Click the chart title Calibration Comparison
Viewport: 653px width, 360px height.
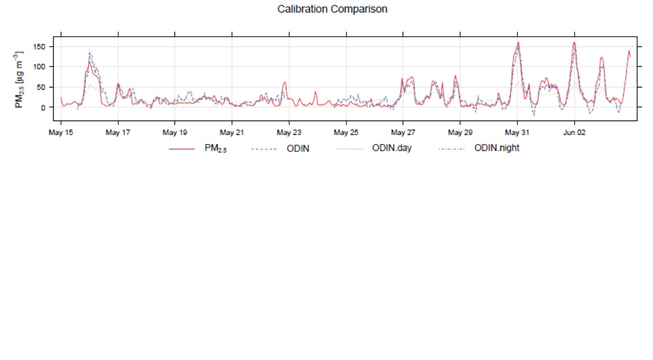[332, 9]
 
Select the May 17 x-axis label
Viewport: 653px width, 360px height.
[118, 133]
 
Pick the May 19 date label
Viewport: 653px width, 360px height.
[175, 133]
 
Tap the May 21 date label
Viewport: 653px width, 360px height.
[232, 133]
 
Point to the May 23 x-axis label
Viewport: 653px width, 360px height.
[289, 133]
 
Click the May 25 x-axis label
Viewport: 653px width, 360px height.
[346, 133]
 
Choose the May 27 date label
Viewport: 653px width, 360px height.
[403, 133]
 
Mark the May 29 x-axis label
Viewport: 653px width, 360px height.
[460, 133]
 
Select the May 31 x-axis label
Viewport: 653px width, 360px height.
[517, 133]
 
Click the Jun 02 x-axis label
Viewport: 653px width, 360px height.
[574, 133]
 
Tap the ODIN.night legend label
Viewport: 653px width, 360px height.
[496, 149]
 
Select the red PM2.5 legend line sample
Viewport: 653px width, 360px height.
[182, 149]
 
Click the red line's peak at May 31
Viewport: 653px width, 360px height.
[518, 42]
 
